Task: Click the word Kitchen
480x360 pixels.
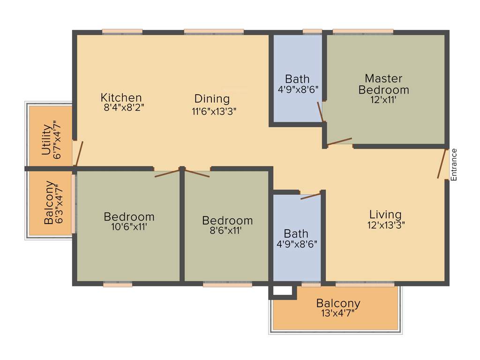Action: (121, 97)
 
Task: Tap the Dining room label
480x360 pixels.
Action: (212, 99)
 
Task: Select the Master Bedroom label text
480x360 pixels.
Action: (383, 84)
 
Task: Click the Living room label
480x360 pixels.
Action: (385, 215)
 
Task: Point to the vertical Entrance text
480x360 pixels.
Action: (453, 165)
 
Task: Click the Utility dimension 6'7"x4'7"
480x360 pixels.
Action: (57, 140)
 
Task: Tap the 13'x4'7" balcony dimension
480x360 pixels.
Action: (337, 313)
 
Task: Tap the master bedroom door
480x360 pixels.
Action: (339, 141)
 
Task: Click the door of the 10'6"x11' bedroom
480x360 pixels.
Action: (167, 173)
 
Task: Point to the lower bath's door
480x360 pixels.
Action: (310, 195)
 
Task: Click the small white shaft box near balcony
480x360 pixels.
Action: (282, 291)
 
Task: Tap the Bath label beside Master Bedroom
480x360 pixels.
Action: (297, 78)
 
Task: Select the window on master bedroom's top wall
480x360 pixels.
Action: (363, 32)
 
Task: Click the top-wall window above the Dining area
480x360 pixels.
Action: (214, 32)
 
